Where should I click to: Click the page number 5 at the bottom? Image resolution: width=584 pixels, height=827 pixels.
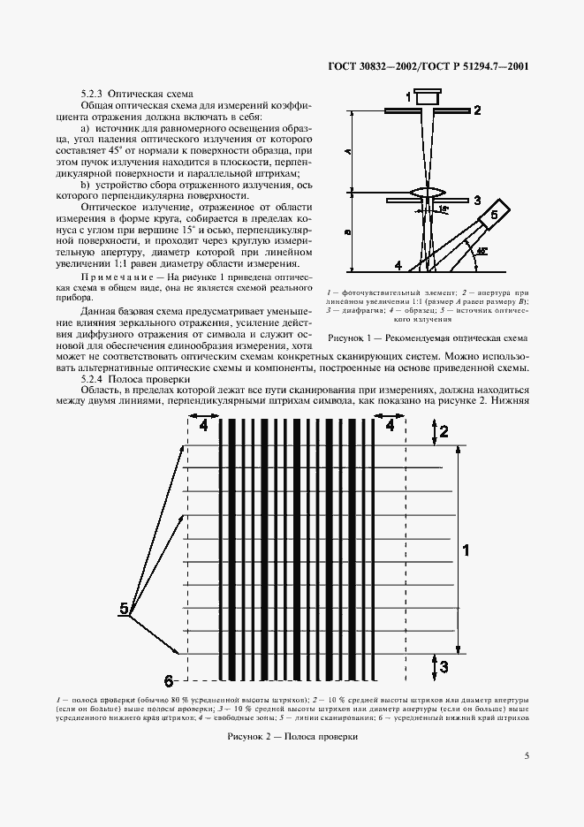[x=527, y=755]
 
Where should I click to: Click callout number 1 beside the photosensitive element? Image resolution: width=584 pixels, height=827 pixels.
[x=407, y=95]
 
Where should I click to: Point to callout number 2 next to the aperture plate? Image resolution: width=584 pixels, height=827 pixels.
[x=476, y=110]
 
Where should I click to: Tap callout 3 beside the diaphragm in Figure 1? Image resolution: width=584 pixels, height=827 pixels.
[x=476, y=201]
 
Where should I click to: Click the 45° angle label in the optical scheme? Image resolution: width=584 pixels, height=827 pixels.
[x=481, y=252]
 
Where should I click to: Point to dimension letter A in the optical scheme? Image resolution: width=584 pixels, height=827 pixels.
[x=349, y=151]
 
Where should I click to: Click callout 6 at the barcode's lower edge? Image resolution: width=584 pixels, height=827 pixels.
[x=170, y=679]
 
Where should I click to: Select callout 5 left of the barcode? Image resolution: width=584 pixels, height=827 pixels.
[x=124, y=608]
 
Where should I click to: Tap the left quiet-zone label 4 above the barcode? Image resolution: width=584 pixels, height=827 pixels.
[x=203, y=425]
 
